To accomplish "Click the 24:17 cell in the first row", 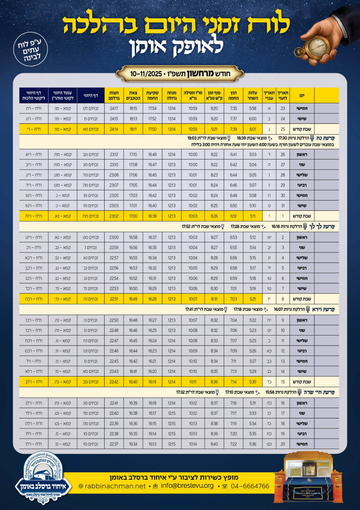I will pyautogui.click(x=113, y=108).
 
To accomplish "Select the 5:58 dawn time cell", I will pyautogui.click(x=252, y=108).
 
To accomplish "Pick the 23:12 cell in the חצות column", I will pyautogui.click(x=113, y=155).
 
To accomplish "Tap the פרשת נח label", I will pyautogui.click(x=327, y=138).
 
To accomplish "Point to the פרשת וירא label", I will pyautogui.click(x=325, y=309).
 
